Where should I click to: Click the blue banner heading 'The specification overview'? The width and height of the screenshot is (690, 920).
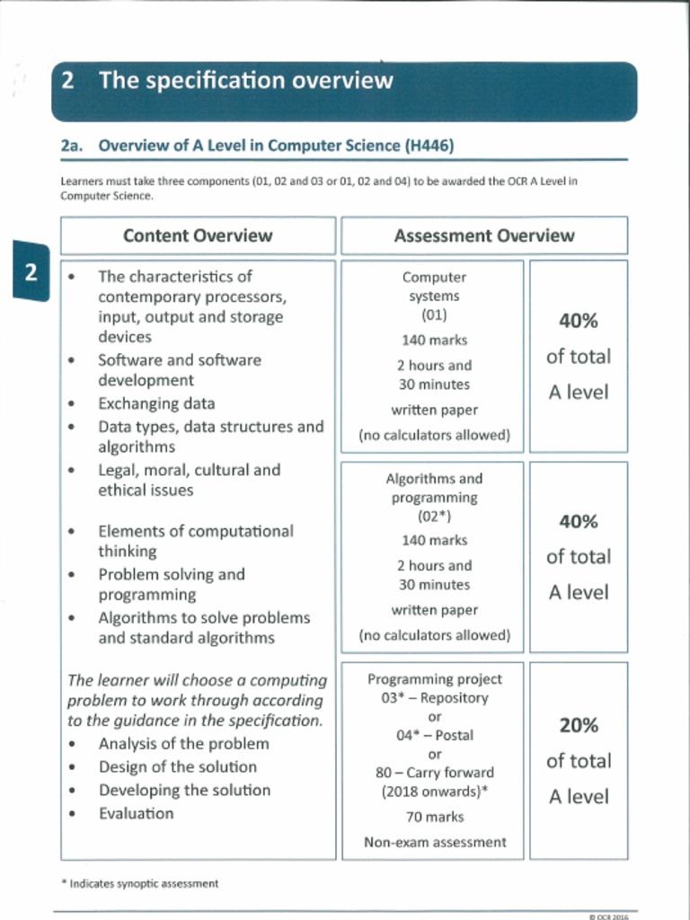coord(245,81)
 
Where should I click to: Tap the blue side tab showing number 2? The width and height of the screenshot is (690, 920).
coord(31,272)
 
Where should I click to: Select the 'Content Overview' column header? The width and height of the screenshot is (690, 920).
coord(197,235)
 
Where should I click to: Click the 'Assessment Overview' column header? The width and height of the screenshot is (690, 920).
coord(483,235)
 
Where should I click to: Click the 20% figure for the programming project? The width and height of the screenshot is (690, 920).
coord(578,725)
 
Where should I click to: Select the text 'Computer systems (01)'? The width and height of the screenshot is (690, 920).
coord(434,296)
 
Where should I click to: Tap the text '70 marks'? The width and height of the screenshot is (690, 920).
coord(434,817)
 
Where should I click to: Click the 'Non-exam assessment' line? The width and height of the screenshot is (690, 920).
coord(434,842)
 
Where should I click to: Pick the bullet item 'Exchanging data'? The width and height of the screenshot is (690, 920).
coord(156,403)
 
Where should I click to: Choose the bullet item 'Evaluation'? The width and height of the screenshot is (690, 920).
coord(136,813)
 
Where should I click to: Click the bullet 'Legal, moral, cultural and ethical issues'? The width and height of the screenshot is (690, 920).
coord(189,480)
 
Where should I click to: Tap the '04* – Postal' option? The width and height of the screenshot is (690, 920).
coord(434,735)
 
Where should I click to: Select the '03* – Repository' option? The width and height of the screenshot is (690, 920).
coord(434,697)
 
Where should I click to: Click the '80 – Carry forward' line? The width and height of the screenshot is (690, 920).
coord(434,773)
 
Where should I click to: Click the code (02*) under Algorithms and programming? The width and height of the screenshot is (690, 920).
coord(434,517)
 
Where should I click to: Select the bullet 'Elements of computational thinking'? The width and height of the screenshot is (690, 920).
coord(195,541)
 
